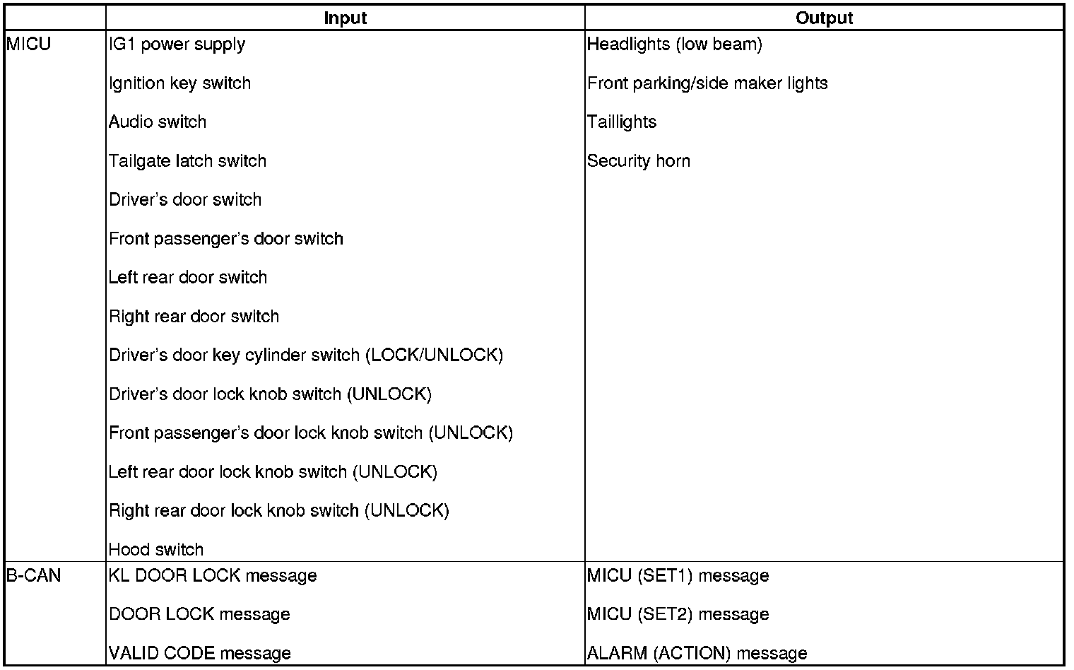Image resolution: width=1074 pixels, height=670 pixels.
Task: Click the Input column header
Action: (x=346, y=18)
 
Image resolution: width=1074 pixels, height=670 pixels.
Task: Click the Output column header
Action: (x=824, y=18)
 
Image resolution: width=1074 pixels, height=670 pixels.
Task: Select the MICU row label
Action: (x=29, y=45)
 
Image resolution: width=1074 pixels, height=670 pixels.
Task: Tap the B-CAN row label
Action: (x=34, y=576)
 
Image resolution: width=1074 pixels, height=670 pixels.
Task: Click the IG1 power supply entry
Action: (x=177, y=45)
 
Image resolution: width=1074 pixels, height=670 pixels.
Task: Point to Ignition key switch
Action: (x=180, y=83)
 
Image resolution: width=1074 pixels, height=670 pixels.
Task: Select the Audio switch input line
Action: (x=158, y=122)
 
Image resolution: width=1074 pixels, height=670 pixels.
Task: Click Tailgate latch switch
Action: (x=188, y=161)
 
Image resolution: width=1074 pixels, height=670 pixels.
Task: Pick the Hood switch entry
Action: (x=156, y=549)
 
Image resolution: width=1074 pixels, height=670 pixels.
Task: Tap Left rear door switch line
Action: (x=188, y=278)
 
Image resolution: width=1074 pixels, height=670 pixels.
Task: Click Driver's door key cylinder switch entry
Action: (x=306, y=355)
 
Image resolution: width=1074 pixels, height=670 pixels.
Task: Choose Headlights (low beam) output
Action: (x=675, y=45)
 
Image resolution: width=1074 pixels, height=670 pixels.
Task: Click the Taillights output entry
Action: (x=622, y=122)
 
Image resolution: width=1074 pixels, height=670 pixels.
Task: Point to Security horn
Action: (x=639, y=161)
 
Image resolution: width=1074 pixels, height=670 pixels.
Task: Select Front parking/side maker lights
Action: (x=707, y=83)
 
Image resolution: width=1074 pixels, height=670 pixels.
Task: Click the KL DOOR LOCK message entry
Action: (x=213, y=576)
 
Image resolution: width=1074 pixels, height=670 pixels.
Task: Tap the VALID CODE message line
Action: (x=200, y=653)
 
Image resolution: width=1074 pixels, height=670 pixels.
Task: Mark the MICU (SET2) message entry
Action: (x=678, y=614)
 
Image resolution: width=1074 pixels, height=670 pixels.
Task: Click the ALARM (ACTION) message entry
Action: (x=697, y=653)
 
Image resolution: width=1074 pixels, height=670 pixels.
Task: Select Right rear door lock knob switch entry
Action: (x=279, y=510)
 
